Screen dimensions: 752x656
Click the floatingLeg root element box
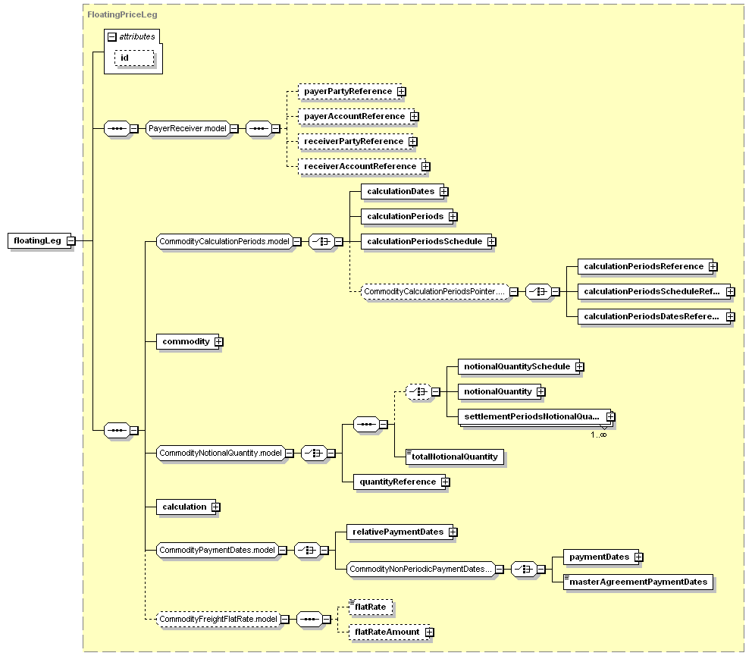pyautogui.click(x=39, y=241)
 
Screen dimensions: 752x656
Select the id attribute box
pyautogui.click(x=134, y=58)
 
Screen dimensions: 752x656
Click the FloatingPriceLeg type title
pyautogui.click(x=122, y=14)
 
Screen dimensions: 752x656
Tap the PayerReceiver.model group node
pyautogui.click(x=187, y=129)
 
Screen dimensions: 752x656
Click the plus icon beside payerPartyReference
pyautogui.click(x=402, y=92)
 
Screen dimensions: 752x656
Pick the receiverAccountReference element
pyautogui.click(x=362, y=167)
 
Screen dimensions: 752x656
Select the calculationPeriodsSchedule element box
pyautogui.click(x=426, y=241)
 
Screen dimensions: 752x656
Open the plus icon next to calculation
pyautogui.click(x=216, y=507)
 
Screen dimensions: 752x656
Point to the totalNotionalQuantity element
pyautogui.click(x=455, y=457)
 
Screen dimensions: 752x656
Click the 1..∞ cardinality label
pyautogui.click(x=599, y=435)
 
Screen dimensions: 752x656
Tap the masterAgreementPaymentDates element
pyautogui.click(x=638, y=582)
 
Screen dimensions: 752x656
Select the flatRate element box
pyautogui.click(x=371, y=607)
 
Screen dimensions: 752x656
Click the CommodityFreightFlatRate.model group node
pyautogui.click(x=218, y=620)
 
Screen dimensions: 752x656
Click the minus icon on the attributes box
pyautogui.click(x=112, y=37)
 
